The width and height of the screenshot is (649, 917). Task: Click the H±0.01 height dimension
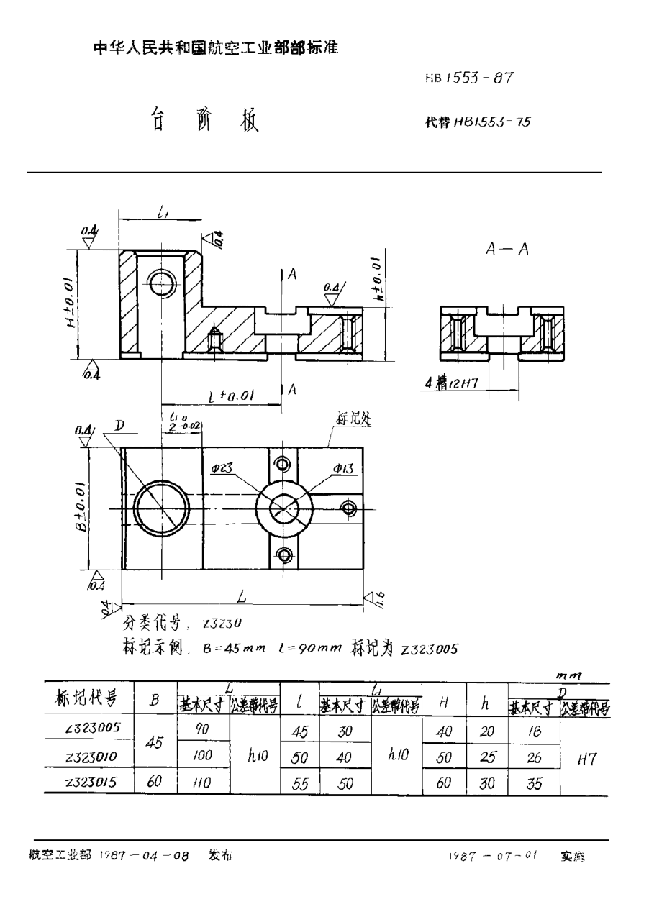[71, 303]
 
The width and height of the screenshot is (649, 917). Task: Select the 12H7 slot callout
[454, 385]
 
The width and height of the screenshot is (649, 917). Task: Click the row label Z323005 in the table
[92, 728]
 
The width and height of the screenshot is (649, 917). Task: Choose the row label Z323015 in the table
[92, 781]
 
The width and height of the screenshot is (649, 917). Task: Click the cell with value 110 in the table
[204, 782]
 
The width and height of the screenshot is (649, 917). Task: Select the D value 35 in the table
[533, 782]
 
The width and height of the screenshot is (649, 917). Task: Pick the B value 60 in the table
[153, 782]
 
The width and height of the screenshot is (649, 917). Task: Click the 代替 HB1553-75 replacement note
[478, 122]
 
